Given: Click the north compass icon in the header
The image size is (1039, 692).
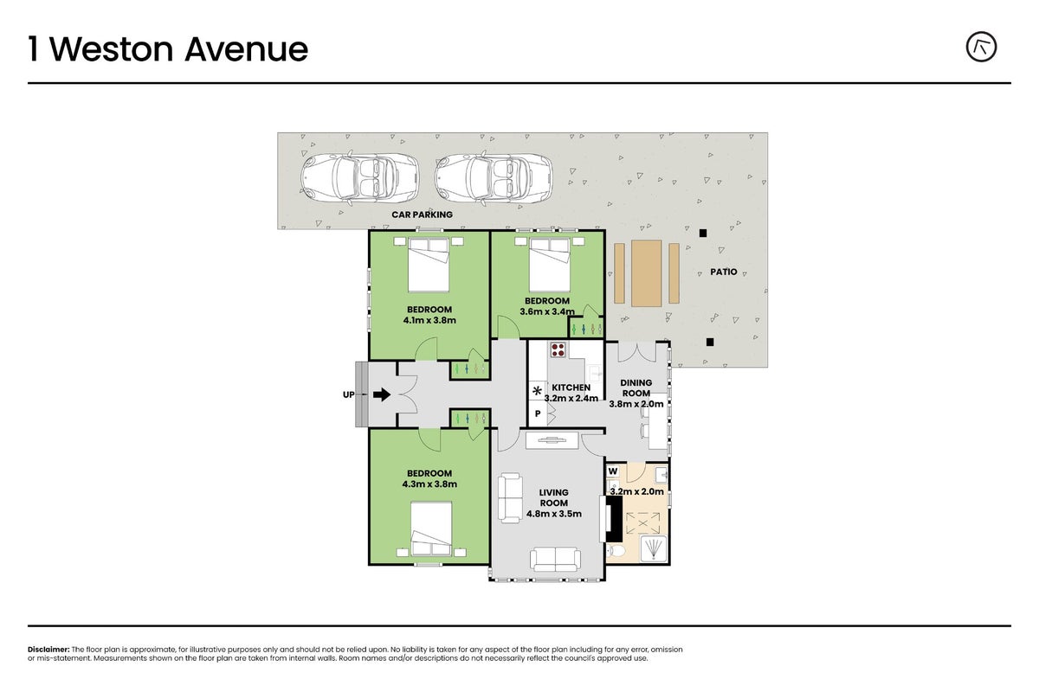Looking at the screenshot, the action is coord(981,47).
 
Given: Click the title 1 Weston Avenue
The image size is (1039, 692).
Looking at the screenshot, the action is coord(168,49).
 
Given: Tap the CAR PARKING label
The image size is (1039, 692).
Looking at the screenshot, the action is coord(422,215).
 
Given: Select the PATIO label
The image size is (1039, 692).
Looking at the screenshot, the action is coord(724,272).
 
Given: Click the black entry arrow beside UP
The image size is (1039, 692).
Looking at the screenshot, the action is coord(382,394).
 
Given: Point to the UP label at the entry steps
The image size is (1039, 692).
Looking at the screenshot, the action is coord(348,394).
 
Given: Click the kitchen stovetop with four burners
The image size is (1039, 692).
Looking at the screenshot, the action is coord(558,349).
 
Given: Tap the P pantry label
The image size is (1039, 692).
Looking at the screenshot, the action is coord(538,413).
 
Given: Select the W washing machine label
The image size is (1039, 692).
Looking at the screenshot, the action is coord(613,471).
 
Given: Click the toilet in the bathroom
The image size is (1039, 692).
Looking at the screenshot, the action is coord(616,551).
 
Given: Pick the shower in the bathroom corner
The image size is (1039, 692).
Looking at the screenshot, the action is coord(654,548).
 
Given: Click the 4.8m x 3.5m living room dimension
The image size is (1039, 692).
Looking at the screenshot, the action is coord(554,514).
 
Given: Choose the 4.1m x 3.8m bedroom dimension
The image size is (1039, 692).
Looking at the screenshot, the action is coord(429,320).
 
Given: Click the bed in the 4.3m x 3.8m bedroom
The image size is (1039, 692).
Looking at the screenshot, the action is coord(431,529).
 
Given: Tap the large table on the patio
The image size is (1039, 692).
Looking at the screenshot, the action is coord(646,273).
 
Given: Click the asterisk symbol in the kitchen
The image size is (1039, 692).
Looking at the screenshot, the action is coord(537,391).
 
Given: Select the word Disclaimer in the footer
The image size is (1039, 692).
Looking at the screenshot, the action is coord(48,650).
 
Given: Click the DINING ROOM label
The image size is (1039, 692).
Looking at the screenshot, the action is coord(636,388).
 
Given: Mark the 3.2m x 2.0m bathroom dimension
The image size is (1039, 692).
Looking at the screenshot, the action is coord(636,491).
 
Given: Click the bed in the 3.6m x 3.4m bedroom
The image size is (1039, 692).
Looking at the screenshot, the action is coord(550,265).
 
